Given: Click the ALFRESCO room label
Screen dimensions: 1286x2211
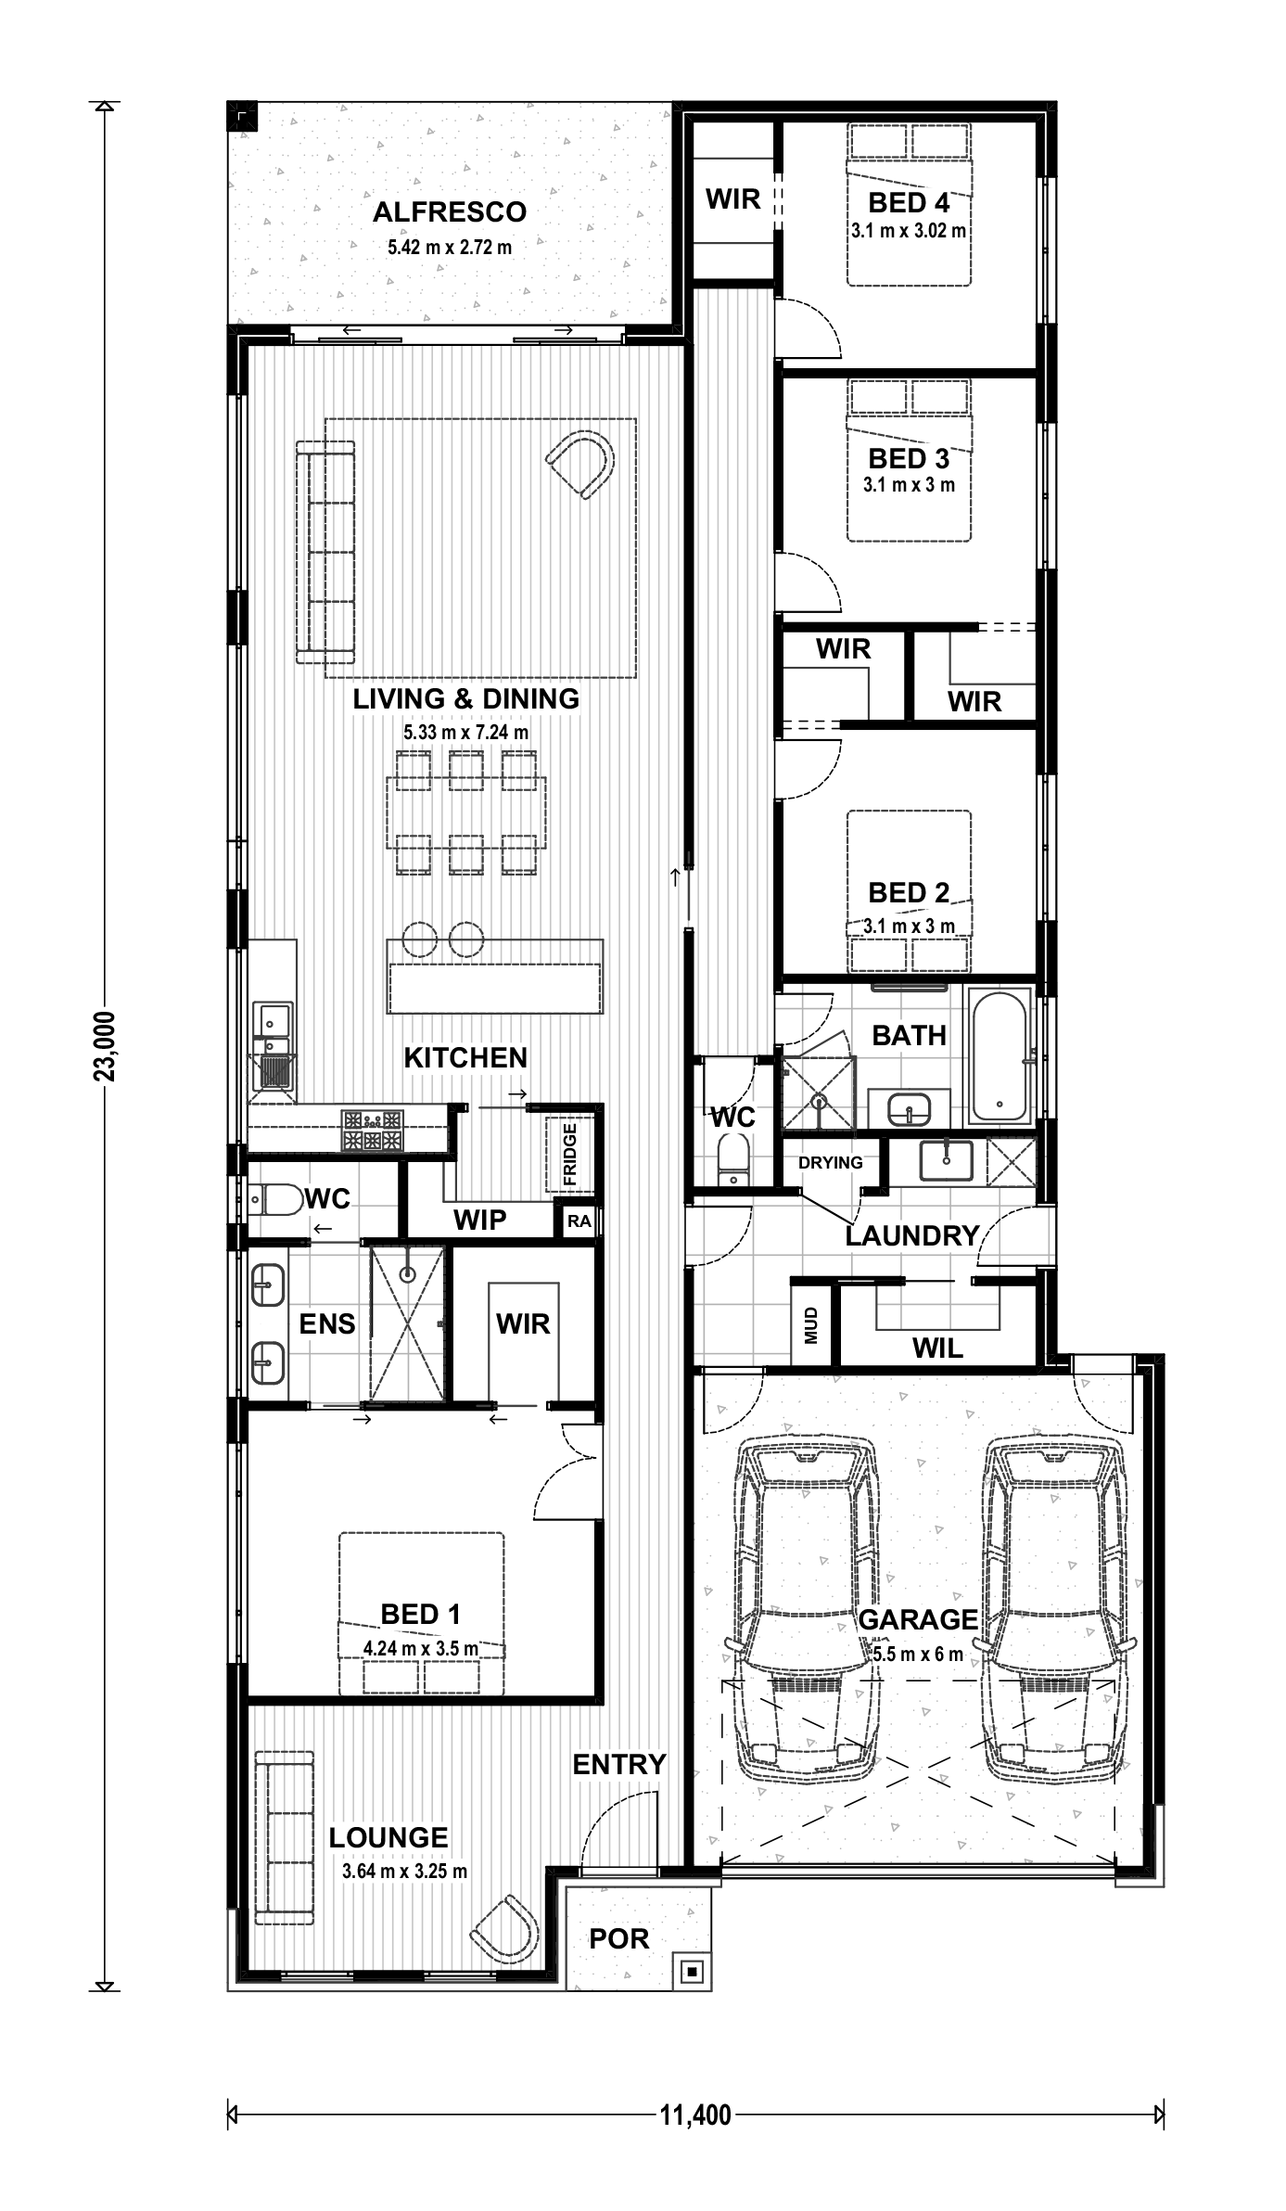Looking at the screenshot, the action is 450,212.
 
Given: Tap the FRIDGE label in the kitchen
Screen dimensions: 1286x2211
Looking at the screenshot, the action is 569,1155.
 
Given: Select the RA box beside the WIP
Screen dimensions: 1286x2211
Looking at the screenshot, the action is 579,1221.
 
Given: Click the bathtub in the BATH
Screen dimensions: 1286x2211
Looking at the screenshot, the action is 1000,1056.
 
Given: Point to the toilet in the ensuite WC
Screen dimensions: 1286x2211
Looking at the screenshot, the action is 274,1200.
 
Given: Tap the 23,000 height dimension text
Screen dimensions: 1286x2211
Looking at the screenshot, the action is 106,1046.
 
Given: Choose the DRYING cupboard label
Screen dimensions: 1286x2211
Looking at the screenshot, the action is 830,1163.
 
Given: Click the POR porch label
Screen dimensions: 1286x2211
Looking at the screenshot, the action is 619,1938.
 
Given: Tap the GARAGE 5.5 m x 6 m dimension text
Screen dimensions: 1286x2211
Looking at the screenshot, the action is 918,1654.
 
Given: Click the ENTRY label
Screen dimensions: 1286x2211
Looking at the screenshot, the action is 619,1765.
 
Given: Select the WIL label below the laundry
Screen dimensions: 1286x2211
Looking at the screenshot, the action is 937,1348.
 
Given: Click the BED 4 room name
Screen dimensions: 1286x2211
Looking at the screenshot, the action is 909,203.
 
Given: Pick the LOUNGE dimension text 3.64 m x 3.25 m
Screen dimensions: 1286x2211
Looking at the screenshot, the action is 404,1871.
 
